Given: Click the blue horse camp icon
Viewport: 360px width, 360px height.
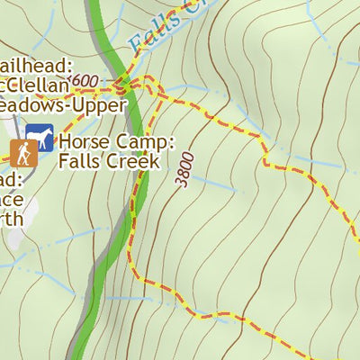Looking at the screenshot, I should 40,139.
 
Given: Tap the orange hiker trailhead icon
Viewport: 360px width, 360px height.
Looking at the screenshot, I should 23,152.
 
